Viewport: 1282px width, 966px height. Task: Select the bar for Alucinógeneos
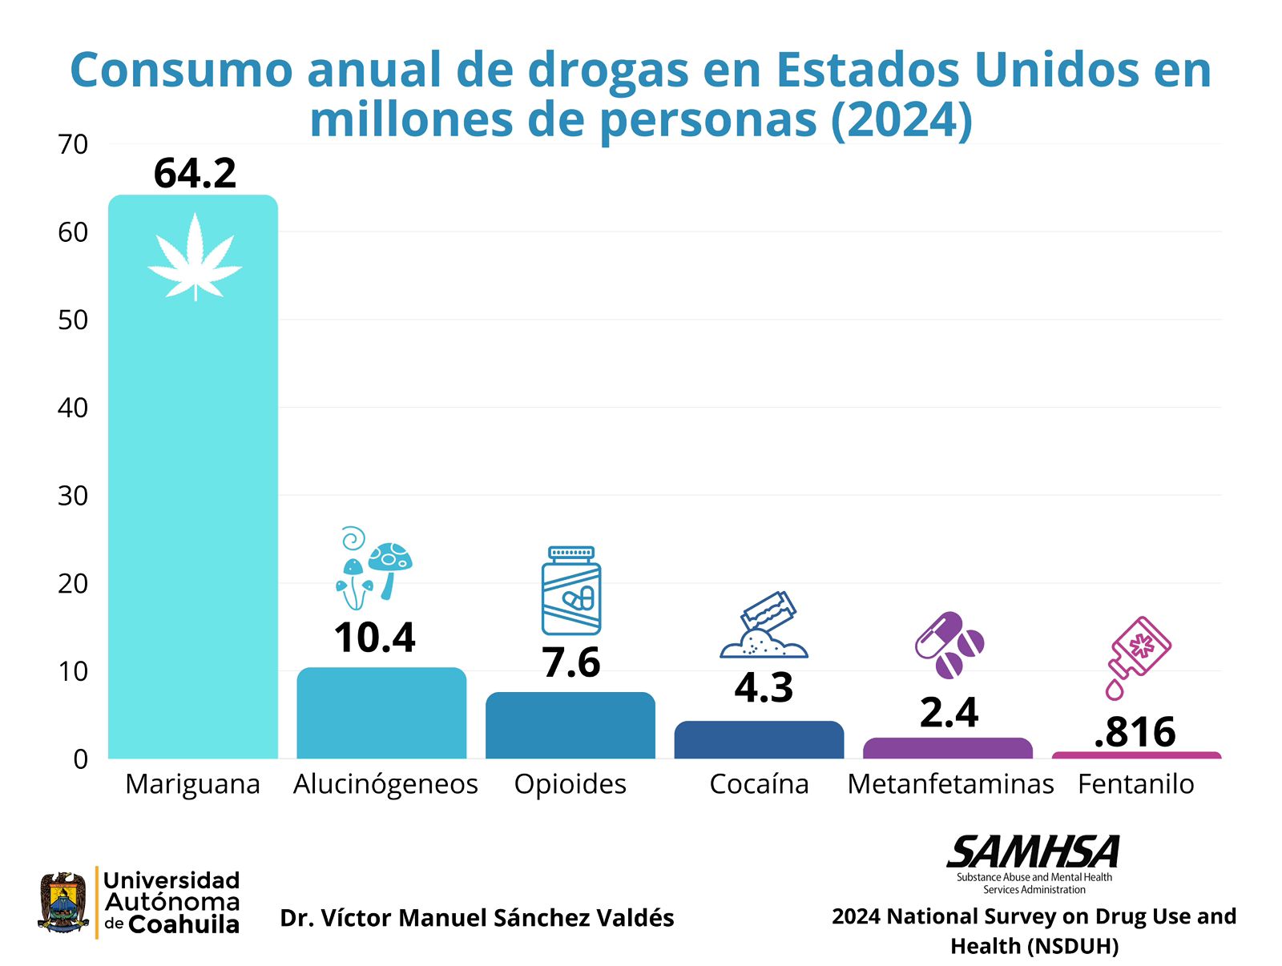tap(381, 713)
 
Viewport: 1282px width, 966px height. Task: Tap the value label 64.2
tap(195, 173)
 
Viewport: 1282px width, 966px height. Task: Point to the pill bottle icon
tap(571, 591)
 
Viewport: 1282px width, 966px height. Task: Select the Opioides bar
tap(570, 726)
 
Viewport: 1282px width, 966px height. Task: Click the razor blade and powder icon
tap(764, 626)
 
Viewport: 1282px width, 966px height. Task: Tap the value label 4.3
tap(764, 687)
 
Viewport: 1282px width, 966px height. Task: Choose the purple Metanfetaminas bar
tap(948, 748)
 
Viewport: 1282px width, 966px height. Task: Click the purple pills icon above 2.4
tap(949, 645)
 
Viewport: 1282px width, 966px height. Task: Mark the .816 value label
tap(1135, 731)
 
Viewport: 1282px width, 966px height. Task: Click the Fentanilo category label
tap(1135, 783)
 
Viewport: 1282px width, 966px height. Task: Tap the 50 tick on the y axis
tap(73, 320)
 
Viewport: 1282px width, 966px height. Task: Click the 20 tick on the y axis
tap(73, 583)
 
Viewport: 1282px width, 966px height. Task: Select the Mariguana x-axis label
tap(192, 783)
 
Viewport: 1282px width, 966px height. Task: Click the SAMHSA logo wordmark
tap(1034, 852)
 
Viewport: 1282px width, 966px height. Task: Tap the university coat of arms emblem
tap(63, 903)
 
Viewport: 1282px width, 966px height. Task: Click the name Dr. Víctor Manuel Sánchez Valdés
tap(477, 918)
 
